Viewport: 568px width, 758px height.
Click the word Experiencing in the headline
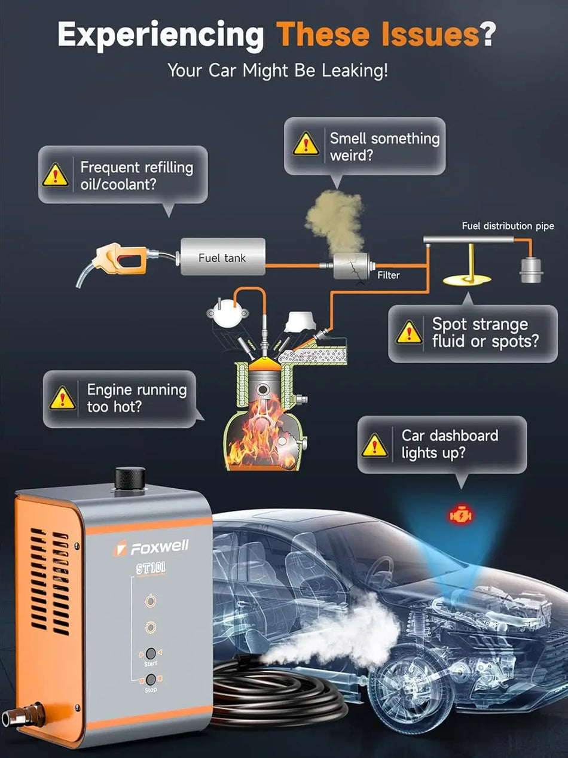(160, 35)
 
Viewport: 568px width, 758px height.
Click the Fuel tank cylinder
(222, 257)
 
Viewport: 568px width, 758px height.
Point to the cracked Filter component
(351, 265)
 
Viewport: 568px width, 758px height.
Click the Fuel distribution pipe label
(508, 226)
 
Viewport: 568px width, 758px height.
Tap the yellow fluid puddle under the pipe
(466, 279)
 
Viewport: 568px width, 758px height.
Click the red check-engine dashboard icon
(460, 514)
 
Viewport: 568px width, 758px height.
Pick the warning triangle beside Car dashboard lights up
(375, 445)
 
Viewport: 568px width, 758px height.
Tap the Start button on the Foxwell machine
(151, 653)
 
